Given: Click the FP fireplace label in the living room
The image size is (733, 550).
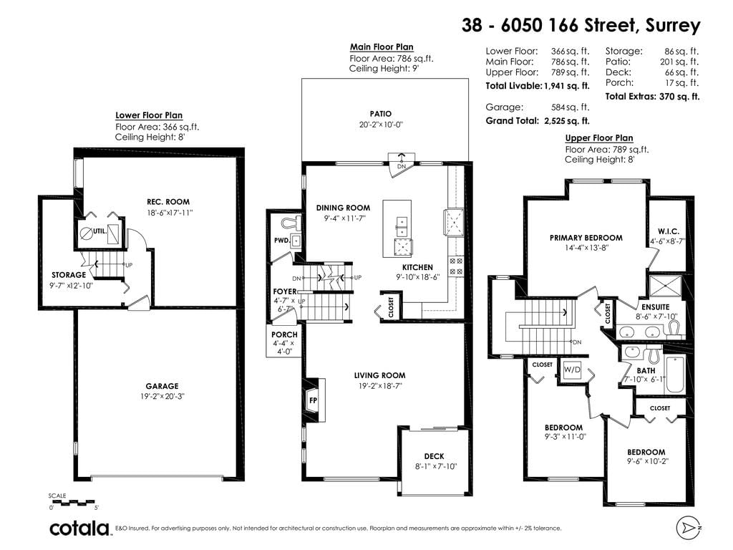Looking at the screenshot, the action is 314,400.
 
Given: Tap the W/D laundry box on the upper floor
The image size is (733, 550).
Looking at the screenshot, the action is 572,370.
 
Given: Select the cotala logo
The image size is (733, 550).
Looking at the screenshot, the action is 79,528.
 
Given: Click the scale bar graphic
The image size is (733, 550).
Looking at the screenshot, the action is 74,503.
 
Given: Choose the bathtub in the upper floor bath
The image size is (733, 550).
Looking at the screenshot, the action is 674,375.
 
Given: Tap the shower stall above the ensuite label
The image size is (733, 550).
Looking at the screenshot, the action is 666,286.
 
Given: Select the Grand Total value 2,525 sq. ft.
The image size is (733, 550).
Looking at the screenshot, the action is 567,120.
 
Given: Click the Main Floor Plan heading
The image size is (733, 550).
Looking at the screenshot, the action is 382,47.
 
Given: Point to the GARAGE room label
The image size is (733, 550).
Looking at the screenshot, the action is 162,386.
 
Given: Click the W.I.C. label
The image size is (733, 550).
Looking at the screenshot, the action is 669,231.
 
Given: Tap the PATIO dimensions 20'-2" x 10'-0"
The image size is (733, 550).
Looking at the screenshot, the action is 380,125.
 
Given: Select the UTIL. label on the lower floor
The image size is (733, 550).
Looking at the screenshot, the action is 99,231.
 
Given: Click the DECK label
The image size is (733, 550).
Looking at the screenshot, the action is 435,456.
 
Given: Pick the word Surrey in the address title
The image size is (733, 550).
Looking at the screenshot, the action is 673,25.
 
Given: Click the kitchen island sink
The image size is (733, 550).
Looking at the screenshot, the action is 402,226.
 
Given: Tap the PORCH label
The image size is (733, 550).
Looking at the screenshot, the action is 284,334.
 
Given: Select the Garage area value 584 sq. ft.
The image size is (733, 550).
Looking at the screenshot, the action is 571,107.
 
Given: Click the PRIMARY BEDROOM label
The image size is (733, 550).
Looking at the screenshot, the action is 586,238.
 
